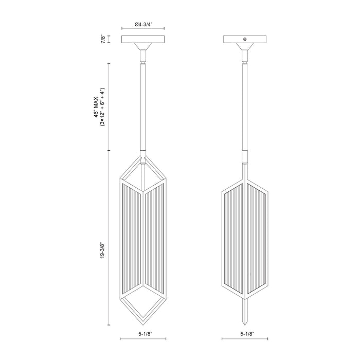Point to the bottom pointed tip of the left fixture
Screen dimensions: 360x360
point(142,321)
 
